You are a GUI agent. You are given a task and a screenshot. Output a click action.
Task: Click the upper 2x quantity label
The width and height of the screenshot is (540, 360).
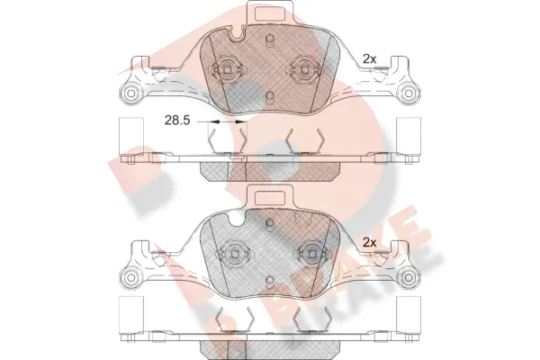click(x=368, y=58)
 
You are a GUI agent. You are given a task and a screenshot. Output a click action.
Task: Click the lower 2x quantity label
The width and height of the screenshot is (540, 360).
click(x=368, y=242)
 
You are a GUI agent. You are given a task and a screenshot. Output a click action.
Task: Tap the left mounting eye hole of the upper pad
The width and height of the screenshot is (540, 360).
click(x=131, y=93)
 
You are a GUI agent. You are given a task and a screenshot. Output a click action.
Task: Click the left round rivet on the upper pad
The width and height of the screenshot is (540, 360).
click(x=226, y=70)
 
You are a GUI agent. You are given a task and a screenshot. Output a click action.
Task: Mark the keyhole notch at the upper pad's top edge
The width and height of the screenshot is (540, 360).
click(x=236, y=36)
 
